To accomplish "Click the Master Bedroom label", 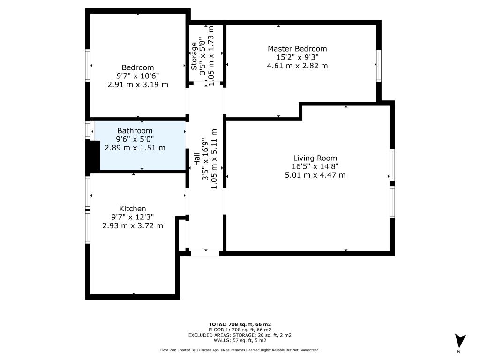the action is tap(297, 49).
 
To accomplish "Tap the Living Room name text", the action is tap(315, 158).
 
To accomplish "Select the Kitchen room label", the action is tap(133, 209).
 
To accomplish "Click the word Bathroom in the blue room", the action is tap(135, 131).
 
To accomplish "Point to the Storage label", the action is tap(194, 56).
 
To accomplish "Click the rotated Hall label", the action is tap(196, 159).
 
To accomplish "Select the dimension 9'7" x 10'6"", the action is tap(138, 76).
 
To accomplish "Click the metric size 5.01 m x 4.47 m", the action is tap(315, 175).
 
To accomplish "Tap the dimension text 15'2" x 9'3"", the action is tap(297, 57).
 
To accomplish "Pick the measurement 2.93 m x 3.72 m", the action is tap(133, 226).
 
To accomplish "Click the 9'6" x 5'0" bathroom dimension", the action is tap(135, 139).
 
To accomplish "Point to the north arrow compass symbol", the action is tap(460, 341).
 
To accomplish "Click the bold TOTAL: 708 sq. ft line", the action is tap(240, 324).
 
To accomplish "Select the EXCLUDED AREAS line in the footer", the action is tap(240, 335).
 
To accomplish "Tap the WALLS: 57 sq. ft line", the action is tap(240, 340).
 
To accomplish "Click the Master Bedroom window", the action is tap(379, 66).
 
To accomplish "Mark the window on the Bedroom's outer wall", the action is tap(88, 65).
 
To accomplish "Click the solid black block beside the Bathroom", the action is tap(93, 155).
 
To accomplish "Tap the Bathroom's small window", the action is tap(88, 130).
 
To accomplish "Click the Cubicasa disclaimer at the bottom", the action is tap(240, 350).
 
